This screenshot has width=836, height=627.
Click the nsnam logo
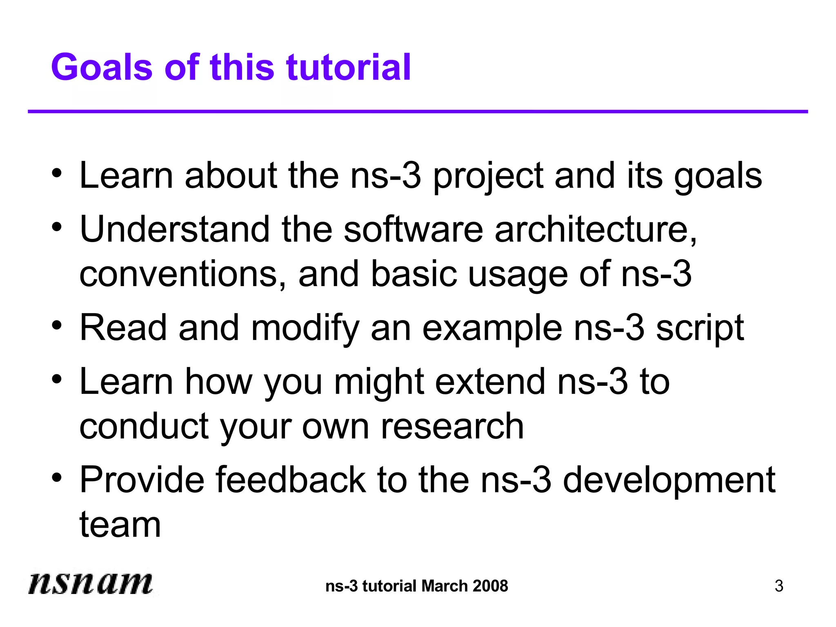(90, 583)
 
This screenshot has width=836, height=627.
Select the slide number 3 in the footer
(779, 586)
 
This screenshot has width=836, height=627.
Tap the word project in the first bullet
(488, 176)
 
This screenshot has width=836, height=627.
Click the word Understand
(175, 229)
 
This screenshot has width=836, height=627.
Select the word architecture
(596, 229)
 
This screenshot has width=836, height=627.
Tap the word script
(700, 329)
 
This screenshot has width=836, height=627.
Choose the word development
(669, 481)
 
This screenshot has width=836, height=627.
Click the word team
(120, 525)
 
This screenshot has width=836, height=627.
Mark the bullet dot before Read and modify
(57, 326)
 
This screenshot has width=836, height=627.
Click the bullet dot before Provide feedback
(57, 478)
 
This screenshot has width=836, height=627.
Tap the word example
(492, 329)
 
